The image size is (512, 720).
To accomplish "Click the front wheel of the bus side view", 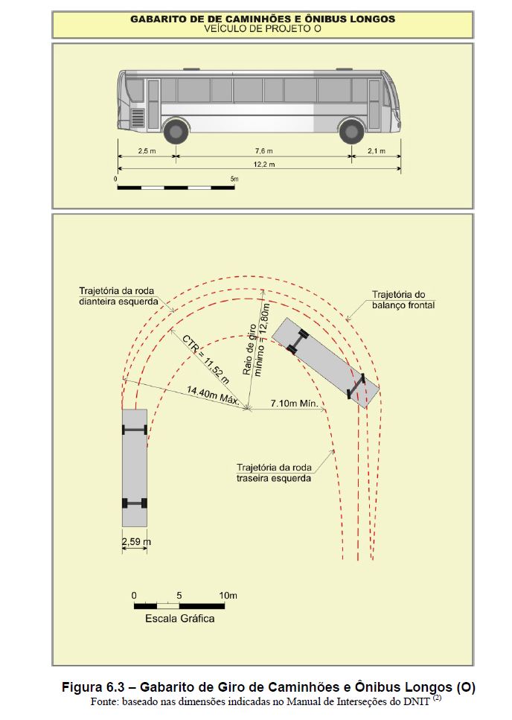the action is point(351,131).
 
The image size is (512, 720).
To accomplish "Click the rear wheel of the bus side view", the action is point(176,131).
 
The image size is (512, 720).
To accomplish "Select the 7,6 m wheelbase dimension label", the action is point(263,150).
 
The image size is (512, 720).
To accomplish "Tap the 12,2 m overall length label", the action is point(263,164).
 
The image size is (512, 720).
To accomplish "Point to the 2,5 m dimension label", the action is point(147,150).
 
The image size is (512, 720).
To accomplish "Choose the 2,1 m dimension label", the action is point(377,150).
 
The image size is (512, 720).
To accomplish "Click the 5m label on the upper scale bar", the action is point(234,179).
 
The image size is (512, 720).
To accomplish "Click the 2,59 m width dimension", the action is point(136,542).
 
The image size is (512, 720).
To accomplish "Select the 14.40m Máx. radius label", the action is point(213,395).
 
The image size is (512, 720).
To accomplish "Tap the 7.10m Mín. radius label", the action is point(294,403).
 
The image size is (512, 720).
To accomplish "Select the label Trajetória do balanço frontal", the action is point(403,299).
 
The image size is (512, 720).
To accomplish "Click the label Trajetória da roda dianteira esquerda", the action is point(118,296).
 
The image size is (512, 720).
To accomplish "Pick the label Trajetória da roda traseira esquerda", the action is point(274,473).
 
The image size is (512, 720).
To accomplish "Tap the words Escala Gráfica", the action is point(180,619).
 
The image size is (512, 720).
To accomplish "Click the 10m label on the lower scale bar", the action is point(228,596).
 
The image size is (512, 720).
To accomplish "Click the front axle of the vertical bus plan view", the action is point(135,430).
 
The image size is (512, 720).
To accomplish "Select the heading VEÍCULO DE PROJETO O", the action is point(263,28).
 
